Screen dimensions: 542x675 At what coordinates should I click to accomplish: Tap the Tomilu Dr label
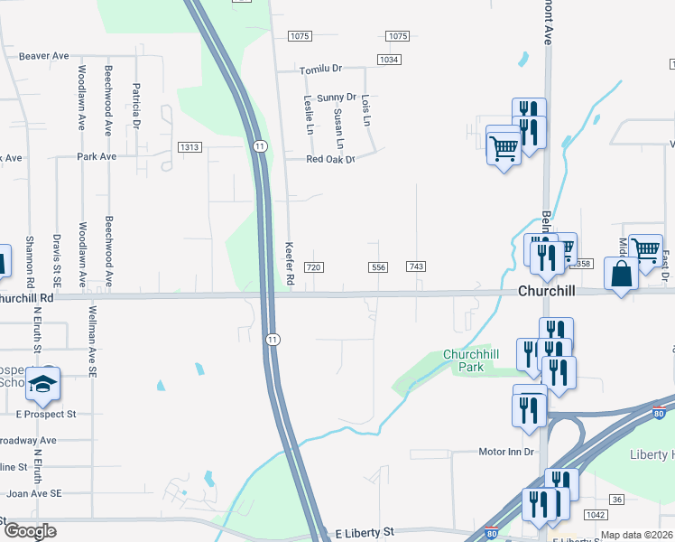[x=322, y=69]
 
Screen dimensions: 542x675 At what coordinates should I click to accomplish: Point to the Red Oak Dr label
[x=330, y=159]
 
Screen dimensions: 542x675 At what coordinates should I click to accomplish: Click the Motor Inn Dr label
[x=506, y=451]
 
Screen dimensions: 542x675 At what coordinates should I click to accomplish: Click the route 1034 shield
[x=389, y=60]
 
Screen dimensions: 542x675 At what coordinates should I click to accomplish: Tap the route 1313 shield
[x=190, y=147]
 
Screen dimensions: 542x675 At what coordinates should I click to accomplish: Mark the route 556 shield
[x=378, y=267]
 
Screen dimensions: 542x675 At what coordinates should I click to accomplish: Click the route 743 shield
[x=416, y=267]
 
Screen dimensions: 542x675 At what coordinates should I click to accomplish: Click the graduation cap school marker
[x=42, y=386]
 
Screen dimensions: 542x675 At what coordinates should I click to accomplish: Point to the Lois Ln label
[x=365, y=109]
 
